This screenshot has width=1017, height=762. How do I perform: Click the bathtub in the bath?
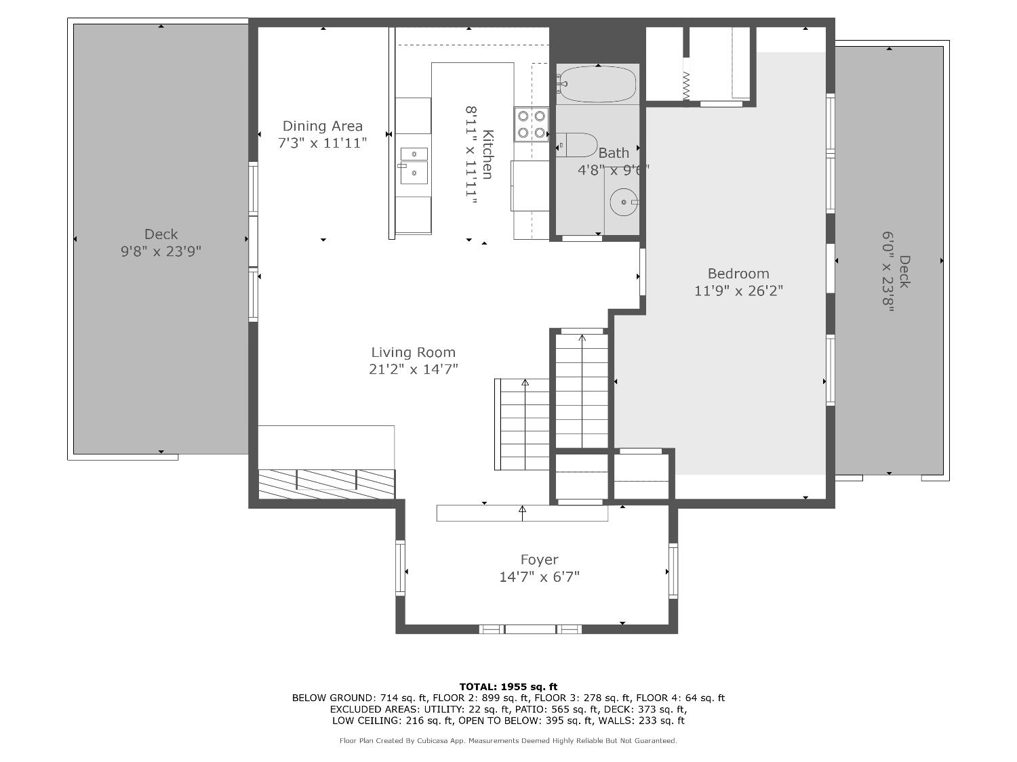pyautogui.click(x=597, y=84)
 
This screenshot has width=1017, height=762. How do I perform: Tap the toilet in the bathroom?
pyautogui.click(x=577, y=145)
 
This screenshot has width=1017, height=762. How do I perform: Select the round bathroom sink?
pyautogui.click(x=624, y=202)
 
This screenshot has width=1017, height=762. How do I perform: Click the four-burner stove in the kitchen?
pyautogui.click(x=531, y=125)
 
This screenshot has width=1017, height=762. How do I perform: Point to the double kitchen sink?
pyautogui.click(x=414, y=166)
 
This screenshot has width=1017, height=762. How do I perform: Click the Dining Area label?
pyautogui.click(x=323, y=126)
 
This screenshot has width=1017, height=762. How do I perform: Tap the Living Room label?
pyautogui.click(x=414, y=352)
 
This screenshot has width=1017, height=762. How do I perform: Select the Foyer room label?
pyautogui.click(x=539, y=560)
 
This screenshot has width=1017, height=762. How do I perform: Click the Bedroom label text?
pyautogui.click(x=738, y=274)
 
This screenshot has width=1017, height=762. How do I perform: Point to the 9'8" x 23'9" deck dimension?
pyautogui.click(x=161, y=251)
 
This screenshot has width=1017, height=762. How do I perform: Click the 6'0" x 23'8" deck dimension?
pyautogui.click(x=888, y=272)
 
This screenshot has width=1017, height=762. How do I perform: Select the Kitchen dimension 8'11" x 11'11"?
pyautogui.click(x=471, y=154)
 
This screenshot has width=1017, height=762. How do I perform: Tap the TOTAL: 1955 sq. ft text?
pyautogui.click(x=509, y=687)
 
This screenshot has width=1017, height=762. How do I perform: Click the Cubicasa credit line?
pyautogui.click(x=509, y=741)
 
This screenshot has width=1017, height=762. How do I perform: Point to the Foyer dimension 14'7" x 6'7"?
pyautogui.click(x=539, y=577)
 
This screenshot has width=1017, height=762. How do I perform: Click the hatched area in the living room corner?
pyautogui.click(x=327, y=484)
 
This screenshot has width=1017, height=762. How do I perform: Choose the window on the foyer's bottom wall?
pyautogui.click(x=530, y=629)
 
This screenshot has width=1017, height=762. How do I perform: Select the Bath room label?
pyautogui.click(x=614, y=152)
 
